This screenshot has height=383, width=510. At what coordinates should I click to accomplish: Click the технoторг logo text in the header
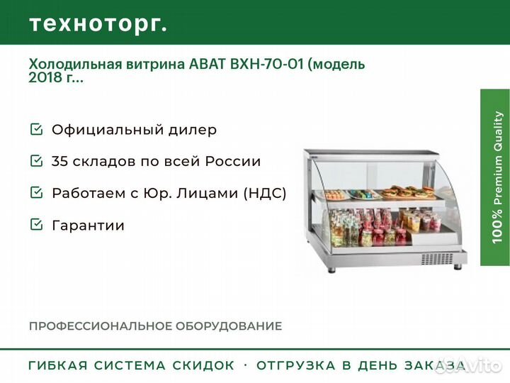[x=98, y=24]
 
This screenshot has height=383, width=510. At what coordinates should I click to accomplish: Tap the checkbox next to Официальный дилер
[x=36, y=129]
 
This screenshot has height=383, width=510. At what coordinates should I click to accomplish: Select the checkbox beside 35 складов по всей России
[x=36, y=160]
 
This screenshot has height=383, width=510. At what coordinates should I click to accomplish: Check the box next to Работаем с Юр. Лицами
[x=36, y=192]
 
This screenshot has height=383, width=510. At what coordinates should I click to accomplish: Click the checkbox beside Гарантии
[x=36, y=224]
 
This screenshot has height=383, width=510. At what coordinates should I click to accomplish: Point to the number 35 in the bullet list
[x=60, y=161]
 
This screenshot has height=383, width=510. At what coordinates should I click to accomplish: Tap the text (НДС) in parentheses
[x=265, y=193]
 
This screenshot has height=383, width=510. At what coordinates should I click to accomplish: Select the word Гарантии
[x=88, y=226]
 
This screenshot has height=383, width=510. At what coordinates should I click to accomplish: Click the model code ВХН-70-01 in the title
[x=267, y=64]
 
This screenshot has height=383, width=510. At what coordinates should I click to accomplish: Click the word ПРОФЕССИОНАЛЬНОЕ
[x=101, y=326]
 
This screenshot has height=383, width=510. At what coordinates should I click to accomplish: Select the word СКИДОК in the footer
[x=203, y=365]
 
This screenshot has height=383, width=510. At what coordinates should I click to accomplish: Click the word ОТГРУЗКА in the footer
[x=296, y=365]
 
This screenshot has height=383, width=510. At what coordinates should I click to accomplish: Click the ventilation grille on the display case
[x=437, y=259]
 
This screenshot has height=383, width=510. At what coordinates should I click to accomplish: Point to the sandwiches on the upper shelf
[x=408, y=191]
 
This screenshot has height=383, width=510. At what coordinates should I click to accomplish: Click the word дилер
[x=193, y=130]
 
